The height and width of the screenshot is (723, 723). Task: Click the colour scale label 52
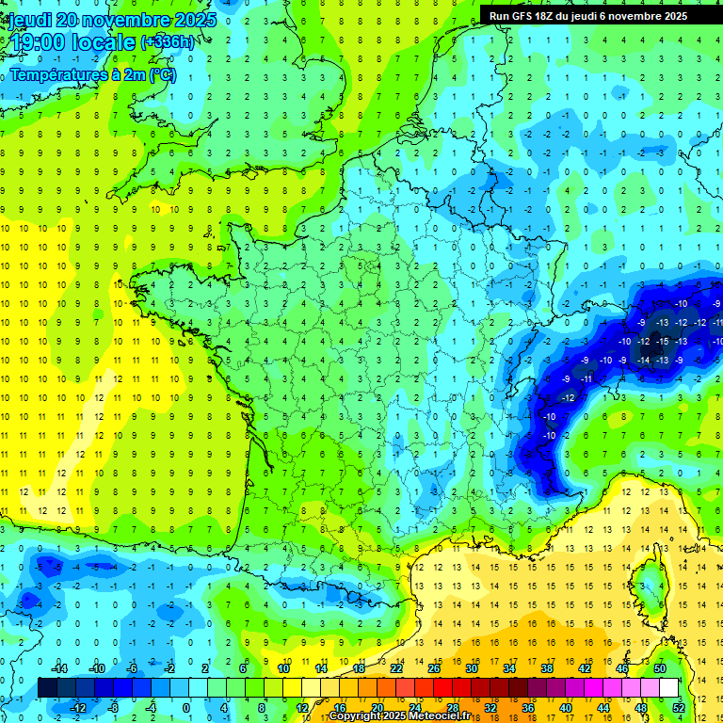[x=679, y=708]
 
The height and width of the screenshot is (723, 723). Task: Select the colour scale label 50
[x=660, y=668]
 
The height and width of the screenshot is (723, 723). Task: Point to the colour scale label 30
[x=472, y=668]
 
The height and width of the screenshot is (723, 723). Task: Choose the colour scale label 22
[x=396, y=668]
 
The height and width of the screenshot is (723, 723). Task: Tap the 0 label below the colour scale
[x=185, y=708]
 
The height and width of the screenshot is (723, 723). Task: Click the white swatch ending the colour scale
[x=669, y=688]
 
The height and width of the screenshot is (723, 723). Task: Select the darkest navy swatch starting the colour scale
[x=47, y=688]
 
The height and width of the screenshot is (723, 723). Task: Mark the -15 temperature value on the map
[x=663, y=341]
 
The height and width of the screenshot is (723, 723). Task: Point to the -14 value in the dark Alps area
[x=644, y=360]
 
